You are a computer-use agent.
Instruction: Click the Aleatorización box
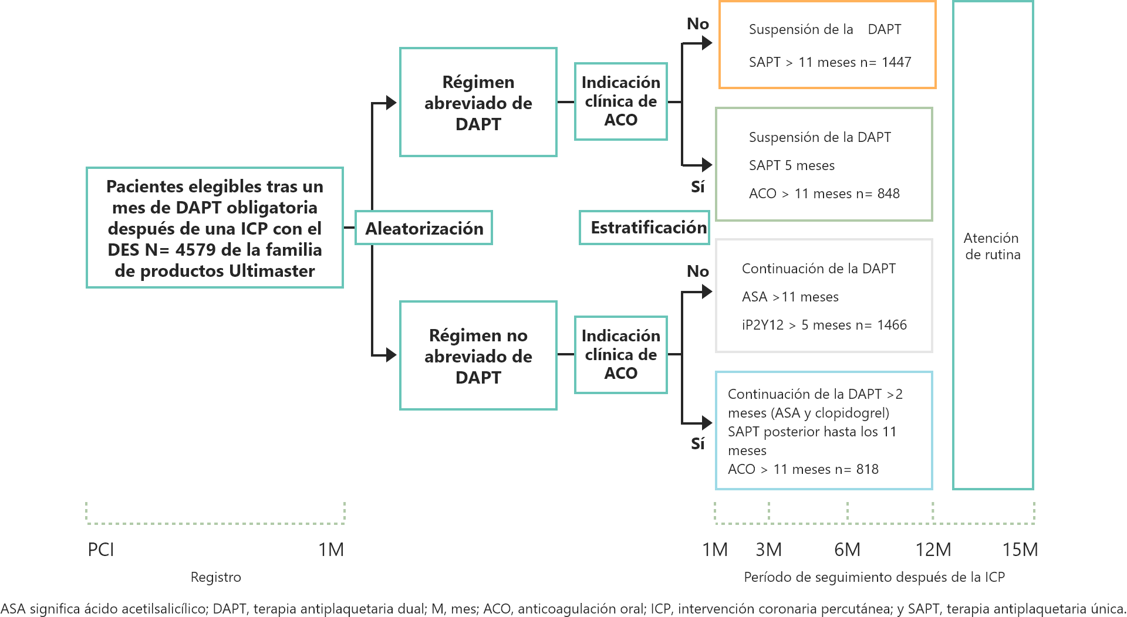point(423,228)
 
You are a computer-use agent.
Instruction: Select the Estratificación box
point(644,228)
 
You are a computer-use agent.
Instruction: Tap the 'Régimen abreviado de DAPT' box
point(478,102)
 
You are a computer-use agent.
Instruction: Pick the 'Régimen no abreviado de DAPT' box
point(478,355)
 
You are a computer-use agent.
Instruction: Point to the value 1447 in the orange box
point(896,62)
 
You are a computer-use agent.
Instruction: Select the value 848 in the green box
point(888,194)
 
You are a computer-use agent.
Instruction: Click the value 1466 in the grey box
point(892,325)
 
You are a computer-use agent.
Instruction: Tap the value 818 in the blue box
point(867,469)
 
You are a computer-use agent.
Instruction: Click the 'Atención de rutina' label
point(992,246)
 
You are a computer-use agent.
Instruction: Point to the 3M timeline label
point(768,550)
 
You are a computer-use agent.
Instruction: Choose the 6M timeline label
point(847,550)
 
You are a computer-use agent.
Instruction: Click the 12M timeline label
point(933,550)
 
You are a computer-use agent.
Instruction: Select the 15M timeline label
point(1020,550)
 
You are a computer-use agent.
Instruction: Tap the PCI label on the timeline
point(101,550)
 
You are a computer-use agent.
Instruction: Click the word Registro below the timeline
point(215,577)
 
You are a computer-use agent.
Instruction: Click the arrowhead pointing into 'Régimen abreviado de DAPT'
point(392,103)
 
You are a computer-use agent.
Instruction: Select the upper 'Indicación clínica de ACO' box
point(620,101)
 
